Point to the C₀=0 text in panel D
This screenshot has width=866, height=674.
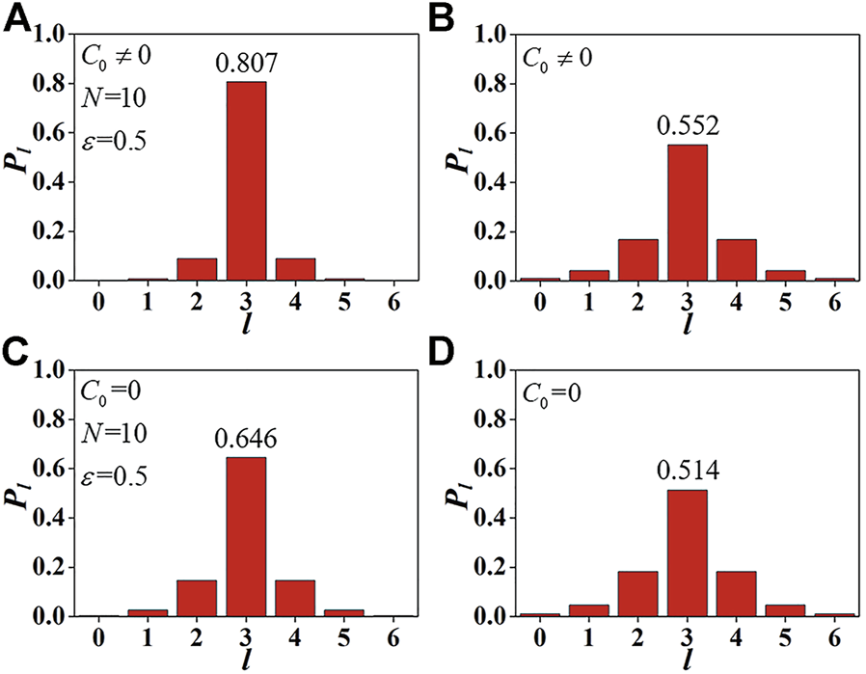click(554, 394)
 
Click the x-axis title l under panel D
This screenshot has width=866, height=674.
click(687, 661)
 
